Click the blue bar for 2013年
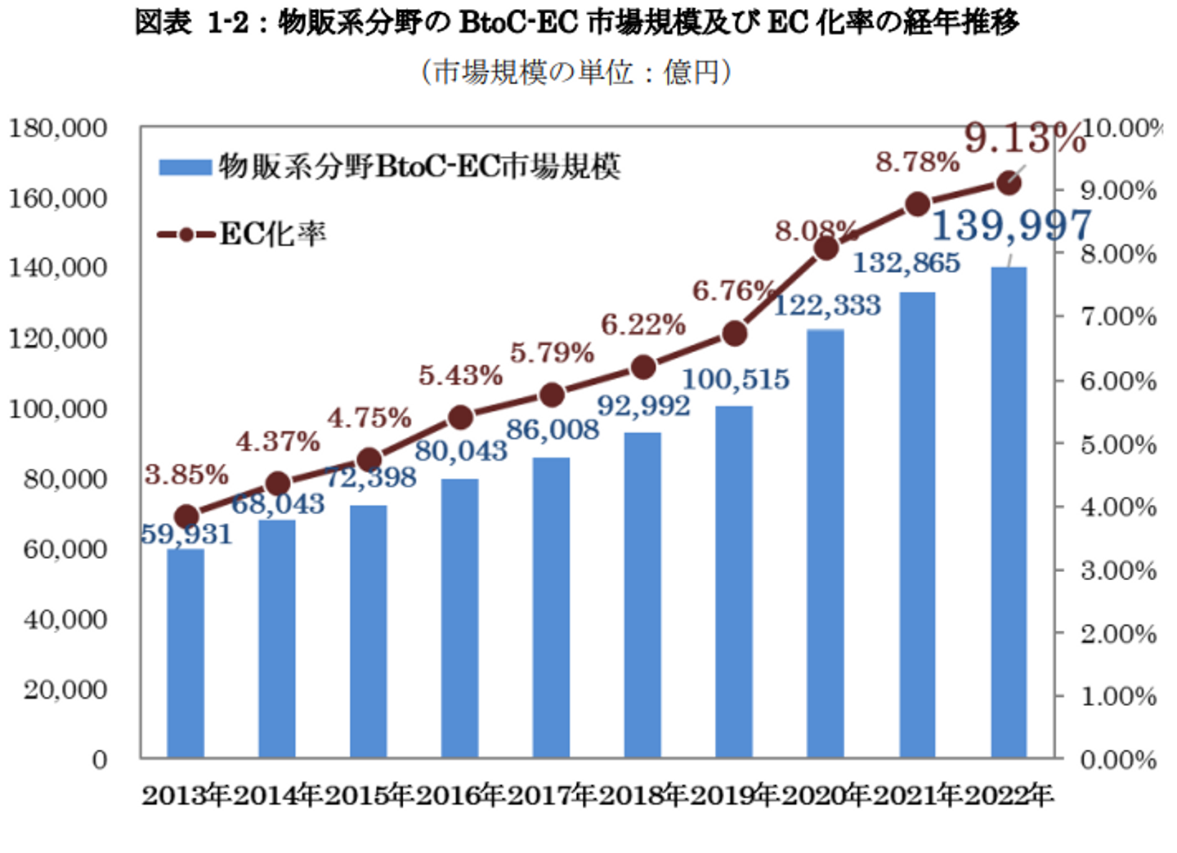click(x=186, y=654)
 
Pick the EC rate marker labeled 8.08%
click(x=826, y=248)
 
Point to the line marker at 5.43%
click(x=461, y=418)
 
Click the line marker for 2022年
click(x=1009, y=183)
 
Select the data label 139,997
click(x=1011, y=226)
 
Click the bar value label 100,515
click(x=736, y=379)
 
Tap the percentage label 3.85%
click(x=186, y=474)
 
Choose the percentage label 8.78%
click(x=917, y=162)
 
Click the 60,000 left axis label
click(x=65, y=549)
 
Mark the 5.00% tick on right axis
click(x=1118, y=445)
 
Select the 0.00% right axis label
click(x=1118, y=760)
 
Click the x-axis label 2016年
click(x=460, y=795)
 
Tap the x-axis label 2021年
click(x=917, y=795)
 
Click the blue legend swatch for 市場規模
click(x=185, y=167)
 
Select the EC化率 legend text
click(x=273, y=234)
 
